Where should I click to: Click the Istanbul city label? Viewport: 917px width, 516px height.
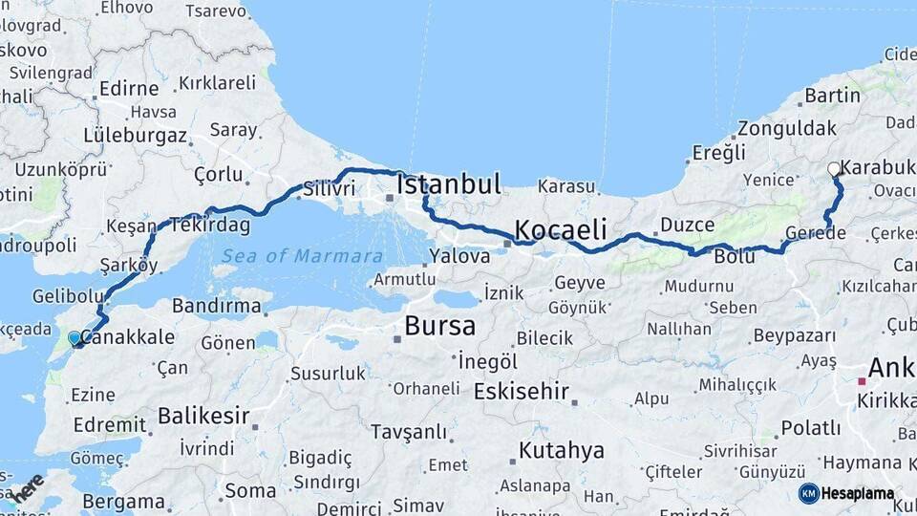(448, 184)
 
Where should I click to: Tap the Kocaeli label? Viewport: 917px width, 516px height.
(561, 229)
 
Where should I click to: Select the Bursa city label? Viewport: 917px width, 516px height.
(439, 326)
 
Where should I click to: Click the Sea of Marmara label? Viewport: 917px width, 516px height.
(302, 256)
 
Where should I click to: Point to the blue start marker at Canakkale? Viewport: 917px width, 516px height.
(75, 337)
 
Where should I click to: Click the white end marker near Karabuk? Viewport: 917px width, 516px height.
(834, 169)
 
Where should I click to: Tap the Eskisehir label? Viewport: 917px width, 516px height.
(522, 392)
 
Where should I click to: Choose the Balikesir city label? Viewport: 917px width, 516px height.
(203, 416)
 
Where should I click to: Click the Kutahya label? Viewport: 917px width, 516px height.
(562, 450)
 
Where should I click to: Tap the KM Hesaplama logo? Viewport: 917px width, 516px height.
(846, 493)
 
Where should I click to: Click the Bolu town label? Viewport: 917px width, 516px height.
(735, 257)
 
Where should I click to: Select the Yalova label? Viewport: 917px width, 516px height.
(459, 256)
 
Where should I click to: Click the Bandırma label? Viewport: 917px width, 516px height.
(217, 307)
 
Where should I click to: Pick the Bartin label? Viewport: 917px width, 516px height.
(832, 96)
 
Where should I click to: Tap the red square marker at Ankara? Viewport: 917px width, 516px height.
(861, 381)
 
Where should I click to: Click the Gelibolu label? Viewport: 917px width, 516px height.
(67, 296)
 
